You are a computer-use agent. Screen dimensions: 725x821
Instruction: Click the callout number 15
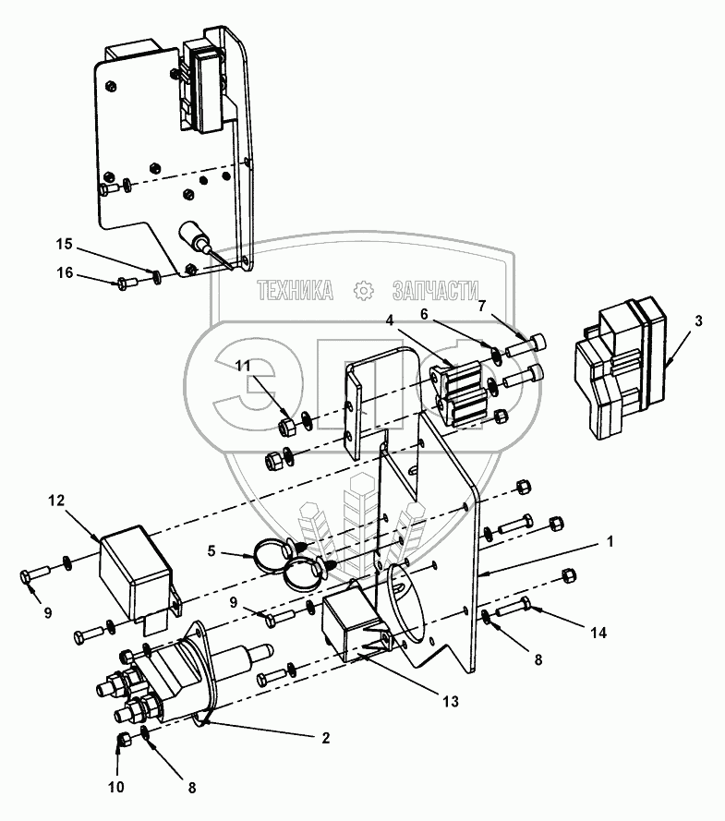(65, 244)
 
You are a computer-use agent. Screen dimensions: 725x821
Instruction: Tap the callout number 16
(65, 272)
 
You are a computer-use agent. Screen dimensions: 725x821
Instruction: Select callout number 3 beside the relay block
(698, 321)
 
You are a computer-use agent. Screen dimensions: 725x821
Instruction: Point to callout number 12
(56, 500)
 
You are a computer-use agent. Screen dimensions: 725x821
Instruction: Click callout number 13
(450, 701)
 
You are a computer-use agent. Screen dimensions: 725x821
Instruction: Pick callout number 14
(598, 633)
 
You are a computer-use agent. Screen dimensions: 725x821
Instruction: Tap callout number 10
(116, 787)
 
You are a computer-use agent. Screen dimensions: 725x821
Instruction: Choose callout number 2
(326, 738)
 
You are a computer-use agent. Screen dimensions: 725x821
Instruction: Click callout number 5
(211, 550)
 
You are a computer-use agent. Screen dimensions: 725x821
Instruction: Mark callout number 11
(243, 366)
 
